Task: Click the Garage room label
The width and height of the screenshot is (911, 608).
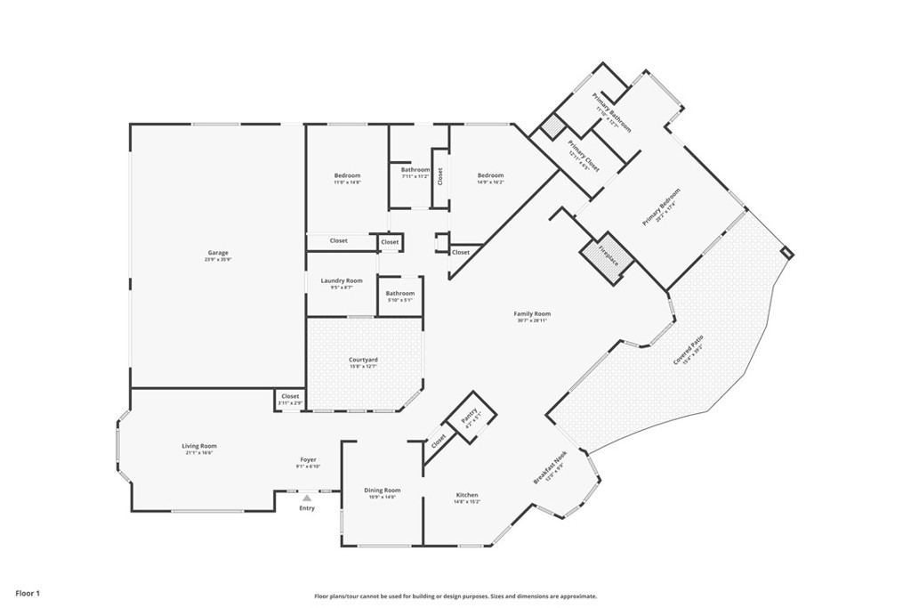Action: (219, 254)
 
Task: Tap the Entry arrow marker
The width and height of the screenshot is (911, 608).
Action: (306, 499)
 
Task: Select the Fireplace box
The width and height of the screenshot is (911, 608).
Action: (608, 255)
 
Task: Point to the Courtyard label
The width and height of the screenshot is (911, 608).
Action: (363, 360)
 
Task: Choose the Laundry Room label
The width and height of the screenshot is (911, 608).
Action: (342, 281)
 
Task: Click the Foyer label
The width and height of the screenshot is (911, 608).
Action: (308, 460)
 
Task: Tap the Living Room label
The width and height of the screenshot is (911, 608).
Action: (200, 447)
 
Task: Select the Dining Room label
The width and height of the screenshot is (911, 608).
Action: (383, 490)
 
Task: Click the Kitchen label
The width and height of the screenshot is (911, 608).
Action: (467, 496)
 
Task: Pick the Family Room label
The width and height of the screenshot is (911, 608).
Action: (532, 314)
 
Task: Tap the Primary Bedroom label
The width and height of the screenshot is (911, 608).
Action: (661, 207)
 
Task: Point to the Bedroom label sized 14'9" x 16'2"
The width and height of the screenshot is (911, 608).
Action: (490, 176)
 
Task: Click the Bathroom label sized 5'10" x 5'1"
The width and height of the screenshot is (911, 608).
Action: (399, 294)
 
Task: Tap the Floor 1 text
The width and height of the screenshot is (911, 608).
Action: (28, 592)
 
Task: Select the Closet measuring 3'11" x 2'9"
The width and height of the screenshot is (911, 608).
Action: (290, 397)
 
